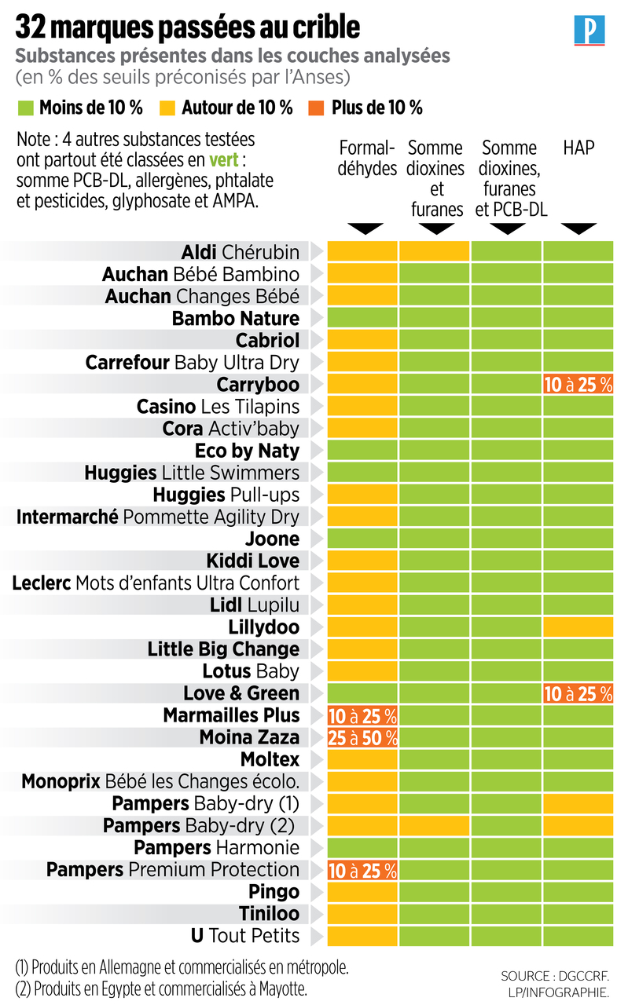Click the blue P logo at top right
click(x=589, y=31)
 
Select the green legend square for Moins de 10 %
click(x=25, y=108)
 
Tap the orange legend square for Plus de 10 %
click(x=318, y=108)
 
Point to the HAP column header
click(x=578, y=148)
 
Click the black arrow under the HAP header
click(x=578, y=228)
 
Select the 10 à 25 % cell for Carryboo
click(x=578, y=385)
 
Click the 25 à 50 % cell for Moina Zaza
click(x=362, y=737)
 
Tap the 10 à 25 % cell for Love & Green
click(x=578, y=693)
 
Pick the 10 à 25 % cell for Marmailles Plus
click(x=362, y=715)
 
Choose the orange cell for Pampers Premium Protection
click(x=362, y=870)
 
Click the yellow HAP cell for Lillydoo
click(x=578, y=627)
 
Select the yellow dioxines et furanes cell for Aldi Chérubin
click(x=435, y=252)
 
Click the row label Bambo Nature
click(x=235, y=319)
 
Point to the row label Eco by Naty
click(x=247, y=451)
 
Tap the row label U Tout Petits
click(x=245, y=936)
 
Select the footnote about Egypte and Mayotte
click(x=161, y=988)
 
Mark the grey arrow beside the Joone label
click(x=316, y=539)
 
